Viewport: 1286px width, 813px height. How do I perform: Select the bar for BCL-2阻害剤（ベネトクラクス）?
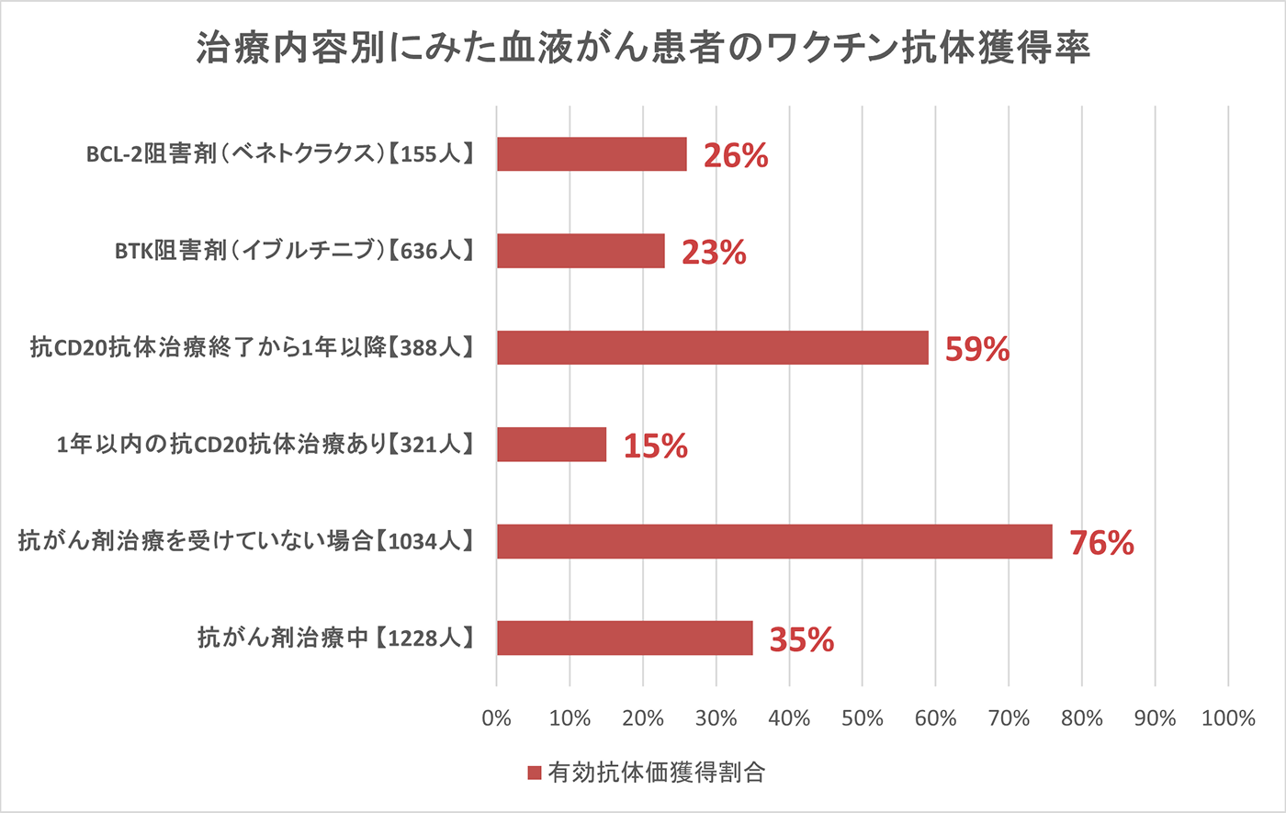coord(592,154)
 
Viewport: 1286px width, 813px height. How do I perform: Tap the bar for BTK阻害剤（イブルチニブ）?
coord(581,251)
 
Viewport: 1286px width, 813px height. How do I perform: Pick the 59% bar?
coord(713,348)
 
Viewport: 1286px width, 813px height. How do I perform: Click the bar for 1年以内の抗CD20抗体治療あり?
coord(551,445)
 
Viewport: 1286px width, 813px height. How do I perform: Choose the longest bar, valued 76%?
coord(774,542)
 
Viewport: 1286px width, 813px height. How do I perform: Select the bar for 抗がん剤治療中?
coord(625,638)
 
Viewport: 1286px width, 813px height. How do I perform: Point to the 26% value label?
coord(736,156)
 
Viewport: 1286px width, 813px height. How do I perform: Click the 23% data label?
coord(714,253)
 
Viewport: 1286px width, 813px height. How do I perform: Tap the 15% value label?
coord(655,446)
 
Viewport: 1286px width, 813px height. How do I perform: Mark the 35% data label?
coord(802,639)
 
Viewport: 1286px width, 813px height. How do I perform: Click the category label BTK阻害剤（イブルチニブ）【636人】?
coord(294,251)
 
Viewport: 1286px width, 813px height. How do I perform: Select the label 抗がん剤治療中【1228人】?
coord(335,638)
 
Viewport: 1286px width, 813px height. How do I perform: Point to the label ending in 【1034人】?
coord(246,542)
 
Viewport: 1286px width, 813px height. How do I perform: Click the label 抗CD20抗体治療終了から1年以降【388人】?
coord(252,348)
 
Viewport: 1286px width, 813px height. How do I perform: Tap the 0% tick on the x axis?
coord(497,718)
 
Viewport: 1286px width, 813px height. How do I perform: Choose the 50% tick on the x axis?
coord(863,718)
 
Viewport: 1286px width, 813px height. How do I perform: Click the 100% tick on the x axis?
coord(1228,718)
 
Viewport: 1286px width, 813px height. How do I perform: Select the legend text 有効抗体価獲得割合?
coord(656,773)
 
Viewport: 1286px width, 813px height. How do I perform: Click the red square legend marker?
coord(535,773)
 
